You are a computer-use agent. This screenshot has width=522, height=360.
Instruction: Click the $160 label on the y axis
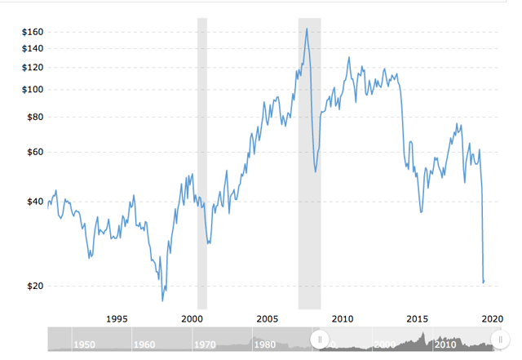coord(32,32)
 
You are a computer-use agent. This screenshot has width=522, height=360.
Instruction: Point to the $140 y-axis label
coord(32,49)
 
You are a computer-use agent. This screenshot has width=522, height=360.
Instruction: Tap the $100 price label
coord(32,89)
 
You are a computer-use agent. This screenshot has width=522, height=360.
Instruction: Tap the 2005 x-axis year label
coord(267,318)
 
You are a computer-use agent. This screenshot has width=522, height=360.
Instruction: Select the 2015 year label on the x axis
coord(418,318)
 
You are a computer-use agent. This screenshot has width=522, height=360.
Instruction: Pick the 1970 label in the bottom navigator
coord(204,344)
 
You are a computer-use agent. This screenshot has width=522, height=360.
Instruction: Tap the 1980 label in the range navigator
coord(265,344)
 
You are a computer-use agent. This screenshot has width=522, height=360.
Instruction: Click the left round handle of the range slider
coord(320,339)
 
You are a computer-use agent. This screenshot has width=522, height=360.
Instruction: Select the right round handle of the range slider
coord(500,339)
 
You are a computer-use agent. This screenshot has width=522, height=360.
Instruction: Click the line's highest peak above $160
coord(307,29)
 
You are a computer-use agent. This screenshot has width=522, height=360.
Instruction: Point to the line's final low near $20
coord(484,282)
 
